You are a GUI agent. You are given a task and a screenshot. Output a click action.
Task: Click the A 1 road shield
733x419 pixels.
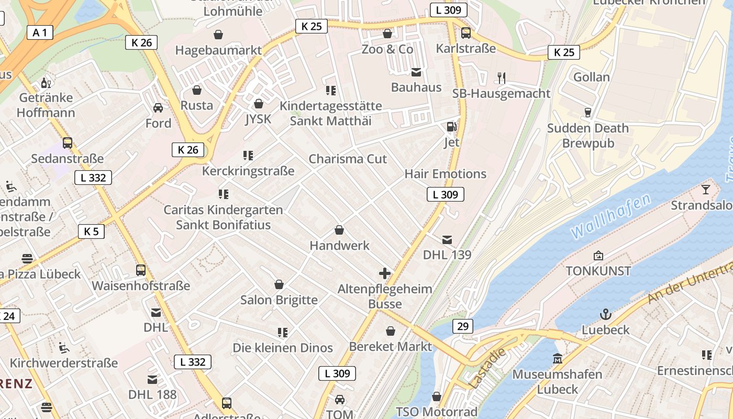(40, 32)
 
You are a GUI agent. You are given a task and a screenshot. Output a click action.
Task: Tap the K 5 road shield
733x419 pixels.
(91, 231)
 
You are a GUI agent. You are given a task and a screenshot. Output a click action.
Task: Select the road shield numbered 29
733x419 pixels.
(462, 326)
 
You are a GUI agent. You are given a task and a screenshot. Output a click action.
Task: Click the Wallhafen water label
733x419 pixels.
(611, 215)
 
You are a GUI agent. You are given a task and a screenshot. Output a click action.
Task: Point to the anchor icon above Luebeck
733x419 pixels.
(606, 314)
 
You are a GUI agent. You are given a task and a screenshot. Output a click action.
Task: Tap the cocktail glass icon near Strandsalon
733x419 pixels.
(706, 189)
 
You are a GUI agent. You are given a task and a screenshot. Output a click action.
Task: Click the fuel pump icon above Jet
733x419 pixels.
(451, 126)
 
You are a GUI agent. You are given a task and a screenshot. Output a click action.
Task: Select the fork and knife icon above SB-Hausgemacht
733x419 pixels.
(502, 78)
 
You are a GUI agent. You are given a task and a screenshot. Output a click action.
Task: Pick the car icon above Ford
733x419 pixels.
(158, 108)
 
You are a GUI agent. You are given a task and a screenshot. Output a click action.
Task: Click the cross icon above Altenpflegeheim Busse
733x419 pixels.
(385, 273)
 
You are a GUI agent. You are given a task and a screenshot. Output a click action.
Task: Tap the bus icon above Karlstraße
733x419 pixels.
(466, 33)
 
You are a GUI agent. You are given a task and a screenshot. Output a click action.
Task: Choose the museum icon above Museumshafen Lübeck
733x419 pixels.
(557, 359)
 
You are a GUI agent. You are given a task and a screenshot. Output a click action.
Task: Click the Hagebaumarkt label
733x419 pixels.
(218, 50)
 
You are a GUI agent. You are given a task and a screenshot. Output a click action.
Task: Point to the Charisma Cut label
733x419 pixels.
(348, 159)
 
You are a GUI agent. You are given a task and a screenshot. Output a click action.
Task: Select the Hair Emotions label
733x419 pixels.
(446, 173)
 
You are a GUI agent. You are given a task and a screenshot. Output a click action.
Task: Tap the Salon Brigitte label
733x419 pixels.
(279, 300)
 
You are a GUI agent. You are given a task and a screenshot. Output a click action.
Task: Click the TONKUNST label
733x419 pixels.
(598, 271)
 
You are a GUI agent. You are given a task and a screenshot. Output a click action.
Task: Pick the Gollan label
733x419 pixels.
(592, 77)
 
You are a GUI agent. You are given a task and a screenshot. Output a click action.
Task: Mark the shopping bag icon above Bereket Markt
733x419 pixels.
(391, 331)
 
